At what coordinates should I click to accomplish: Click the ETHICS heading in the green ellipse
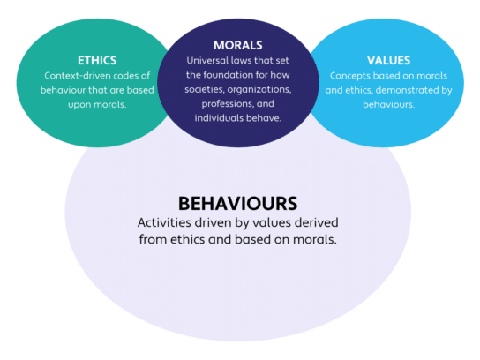(97, 60)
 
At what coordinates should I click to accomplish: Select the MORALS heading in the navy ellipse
(238, 45)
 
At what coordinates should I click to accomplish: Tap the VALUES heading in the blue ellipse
(388, 60)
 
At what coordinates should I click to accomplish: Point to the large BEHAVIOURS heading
(238, 204)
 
